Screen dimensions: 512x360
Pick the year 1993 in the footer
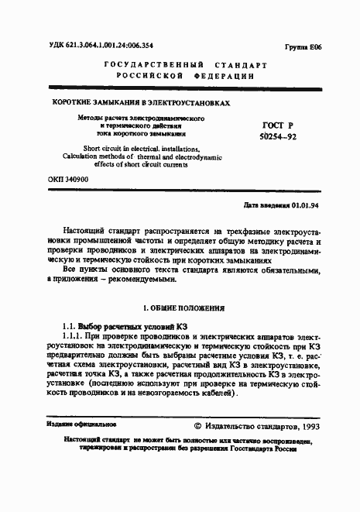pos(306,426)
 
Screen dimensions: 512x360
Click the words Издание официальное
pos(81,424)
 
